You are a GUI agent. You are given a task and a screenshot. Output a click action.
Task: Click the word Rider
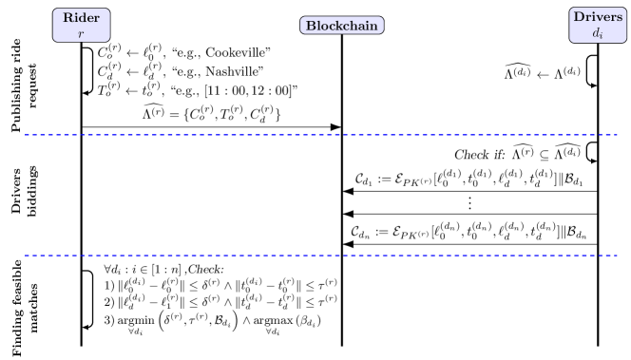tap(81, 18)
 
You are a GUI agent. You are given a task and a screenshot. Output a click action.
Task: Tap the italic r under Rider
tap(81, 32)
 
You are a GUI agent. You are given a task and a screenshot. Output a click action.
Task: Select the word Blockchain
tap(342, 26)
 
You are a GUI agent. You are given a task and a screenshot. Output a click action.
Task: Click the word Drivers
tap(598, 17)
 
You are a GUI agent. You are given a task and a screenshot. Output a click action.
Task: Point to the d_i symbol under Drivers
tap(598, 32)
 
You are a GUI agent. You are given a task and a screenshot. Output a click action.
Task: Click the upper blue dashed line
tap(321, 135)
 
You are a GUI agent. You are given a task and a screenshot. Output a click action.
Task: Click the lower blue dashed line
tap(321, 256)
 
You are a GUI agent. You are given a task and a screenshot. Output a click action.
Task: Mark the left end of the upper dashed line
tap(26, 135)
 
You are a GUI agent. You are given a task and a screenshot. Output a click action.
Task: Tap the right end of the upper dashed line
tap(617, 135)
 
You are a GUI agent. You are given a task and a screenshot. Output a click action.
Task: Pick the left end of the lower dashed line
tap(26, 256)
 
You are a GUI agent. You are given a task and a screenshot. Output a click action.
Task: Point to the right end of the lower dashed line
tap(617, 256)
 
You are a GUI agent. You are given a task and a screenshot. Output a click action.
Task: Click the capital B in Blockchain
tap(310, 26)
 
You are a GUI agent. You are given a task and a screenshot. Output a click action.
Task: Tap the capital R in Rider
tap(67, 18)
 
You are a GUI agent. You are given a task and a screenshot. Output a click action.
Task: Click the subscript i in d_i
tap(602, 35)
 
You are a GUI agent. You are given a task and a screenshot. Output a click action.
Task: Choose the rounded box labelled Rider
tap(81, 25)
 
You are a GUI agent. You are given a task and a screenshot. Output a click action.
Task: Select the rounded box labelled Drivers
tap(598, 25)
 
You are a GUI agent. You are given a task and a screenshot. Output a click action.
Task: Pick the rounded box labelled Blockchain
tap(342, 26)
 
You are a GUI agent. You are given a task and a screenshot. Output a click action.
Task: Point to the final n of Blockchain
tap(374, 26)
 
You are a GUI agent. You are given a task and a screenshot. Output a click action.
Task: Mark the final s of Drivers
tap(620, 17)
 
